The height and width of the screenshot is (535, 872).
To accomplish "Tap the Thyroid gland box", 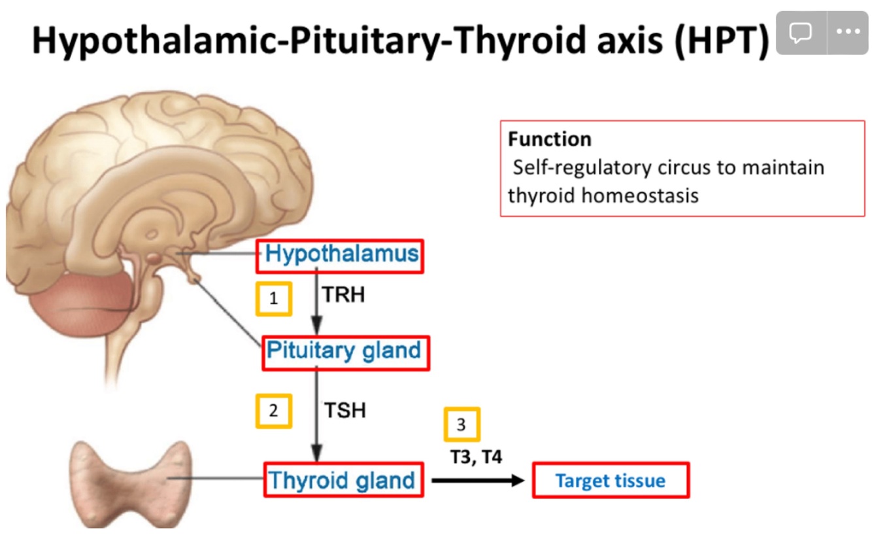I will point(343,481).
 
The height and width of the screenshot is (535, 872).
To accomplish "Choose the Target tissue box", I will point(611,481).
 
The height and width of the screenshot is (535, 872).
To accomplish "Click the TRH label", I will point(343,296).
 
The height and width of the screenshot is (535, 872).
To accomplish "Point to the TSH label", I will point(345,411).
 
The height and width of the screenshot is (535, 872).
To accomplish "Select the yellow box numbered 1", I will point(273,299).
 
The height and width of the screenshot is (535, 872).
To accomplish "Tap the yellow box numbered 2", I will point(273,411).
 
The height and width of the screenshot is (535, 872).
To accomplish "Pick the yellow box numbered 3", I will point(461,424).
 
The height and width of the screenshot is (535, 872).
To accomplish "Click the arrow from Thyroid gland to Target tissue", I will point(478,481).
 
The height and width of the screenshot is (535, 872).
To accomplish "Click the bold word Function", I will point(549,139).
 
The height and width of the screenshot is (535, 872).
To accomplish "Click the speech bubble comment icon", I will point(800,32).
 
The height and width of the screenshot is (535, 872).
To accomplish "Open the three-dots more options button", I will point(847,32).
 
